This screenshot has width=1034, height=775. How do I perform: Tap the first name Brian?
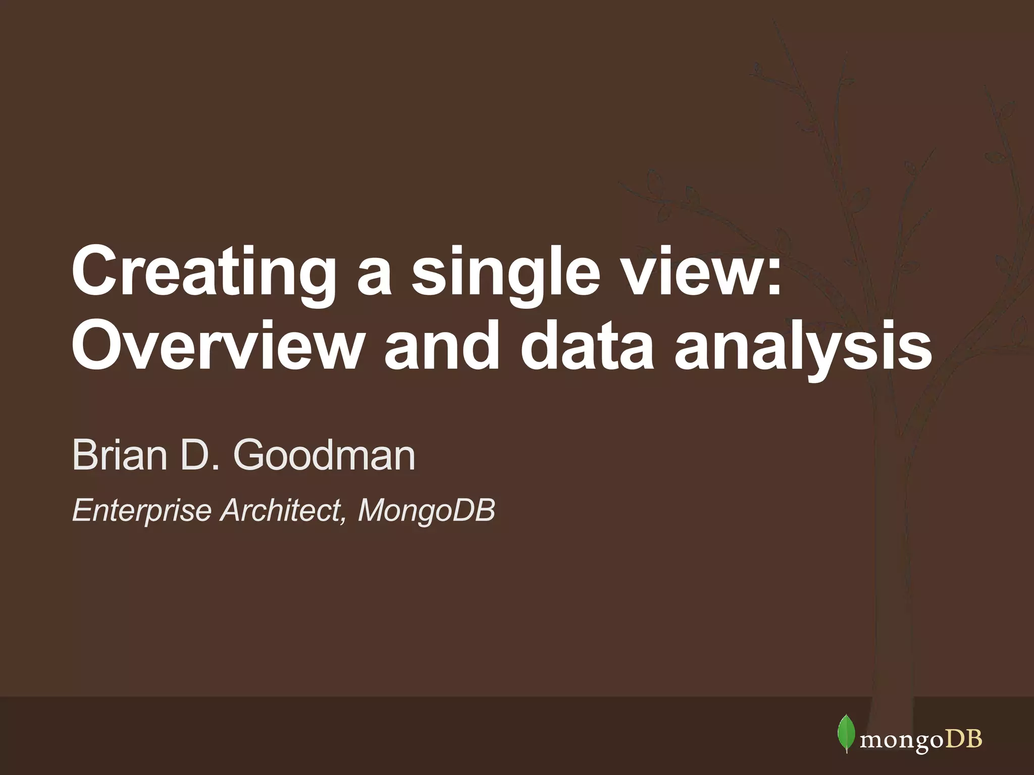[x=119, y=455]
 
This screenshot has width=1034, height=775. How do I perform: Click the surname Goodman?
[x=324, y=455]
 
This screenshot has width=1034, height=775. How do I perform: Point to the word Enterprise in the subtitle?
[x=142, y=511]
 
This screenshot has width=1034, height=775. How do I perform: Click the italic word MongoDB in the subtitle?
[x=427, y=511]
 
